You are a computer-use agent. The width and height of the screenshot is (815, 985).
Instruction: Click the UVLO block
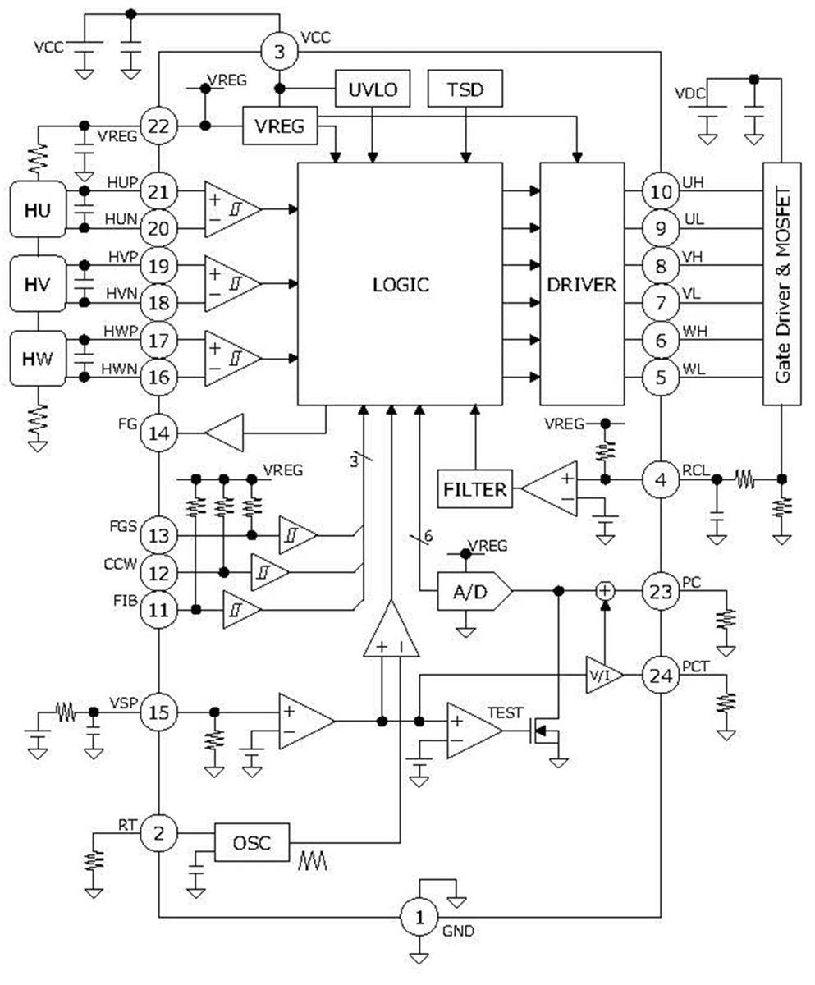click(x=373, y=89)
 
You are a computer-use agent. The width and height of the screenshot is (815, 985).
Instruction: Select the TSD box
click(x=466, y=89)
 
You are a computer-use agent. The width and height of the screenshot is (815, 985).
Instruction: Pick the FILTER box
click(x=475, y=490)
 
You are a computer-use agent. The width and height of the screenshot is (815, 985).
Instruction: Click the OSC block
click(x=252, y=842)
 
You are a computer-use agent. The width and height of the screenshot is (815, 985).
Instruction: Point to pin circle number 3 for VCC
click(x=280, y=53)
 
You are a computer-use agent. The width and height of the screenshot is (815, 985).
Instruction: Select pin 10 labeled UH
click(x=661, y=191)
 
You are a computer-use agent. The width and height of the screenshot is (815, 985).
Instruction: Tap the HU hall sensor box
click(x=38, y=210)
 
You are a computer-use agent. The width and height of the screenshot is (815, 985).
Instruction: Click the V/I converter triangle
click(x=602, y=676)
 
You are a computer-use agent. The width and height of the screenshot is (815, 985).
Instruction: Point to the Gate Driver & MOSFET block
click(x=782, y=283)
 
